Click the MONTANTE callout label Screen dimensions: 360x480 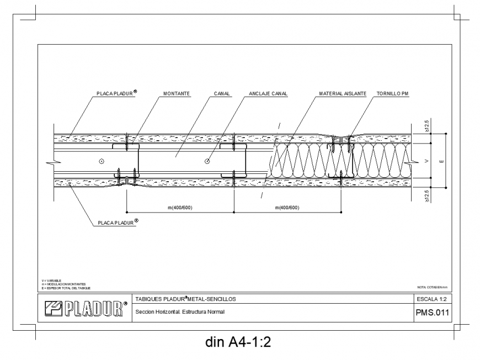coord(177,94)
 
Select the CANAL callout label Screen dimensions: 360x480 coord(222,94)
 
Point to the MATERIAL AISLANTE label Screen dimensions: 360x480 coord(343,94)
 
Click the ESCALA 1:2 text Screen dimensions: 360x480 coord(433,299)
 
